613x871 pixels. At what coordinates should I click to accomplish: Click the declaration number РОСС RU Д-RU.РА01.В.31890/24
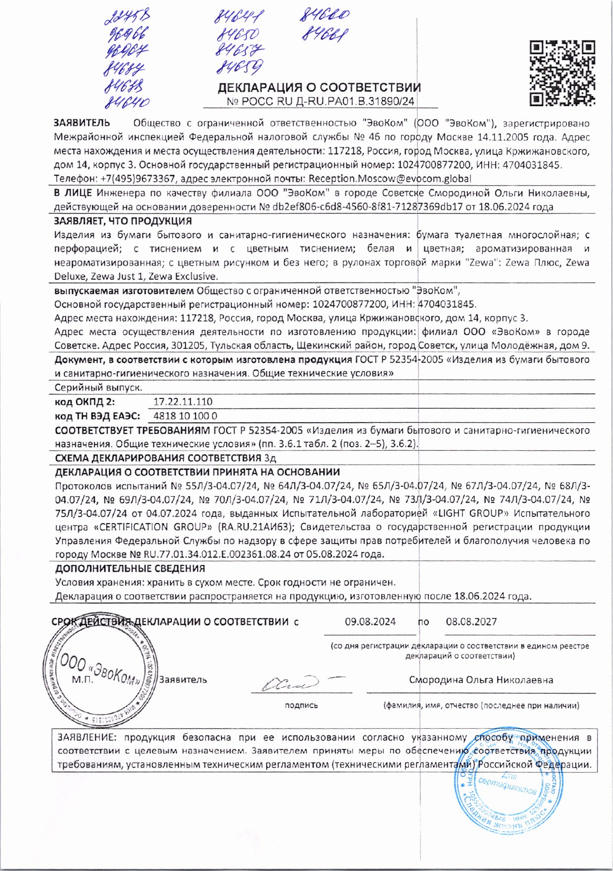point(321,102)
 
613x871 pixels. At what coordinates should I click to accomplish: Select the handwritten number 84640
point(127,102)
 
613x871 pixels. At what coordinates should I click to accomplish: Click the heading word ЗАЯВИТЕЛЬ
point(82,123)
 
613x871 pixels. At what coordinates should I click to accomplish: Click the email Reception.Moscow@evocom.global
point(390,178)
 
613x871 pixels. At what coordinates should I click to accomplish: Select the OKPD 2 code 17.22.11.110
point(183,402)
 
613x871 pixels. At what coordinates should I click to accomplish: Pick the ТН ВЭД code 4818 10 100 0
point(185,416)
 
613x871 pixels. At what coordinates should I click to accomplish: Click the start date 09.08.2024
point(370,622)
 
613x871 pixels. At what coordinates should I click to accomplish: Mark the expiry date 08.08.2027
point(471,622)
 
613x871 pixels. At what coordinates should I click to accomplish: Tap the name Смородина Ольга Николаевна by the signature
point(481,680)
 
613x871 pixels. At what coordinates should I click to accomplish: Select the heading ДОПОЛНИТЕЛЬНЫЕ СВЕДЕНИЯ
point(130,568)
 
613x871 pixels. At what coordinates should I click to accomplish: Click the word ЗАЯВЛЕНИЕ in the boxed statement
point(87,738)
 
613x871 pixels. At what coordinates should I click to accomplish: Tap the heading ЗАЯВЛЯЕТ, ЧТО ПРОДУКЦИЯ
point(123,221)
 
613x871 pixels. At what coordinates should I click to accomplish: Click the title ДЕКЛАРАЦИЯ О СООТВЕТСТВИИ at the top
point(319,88)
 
